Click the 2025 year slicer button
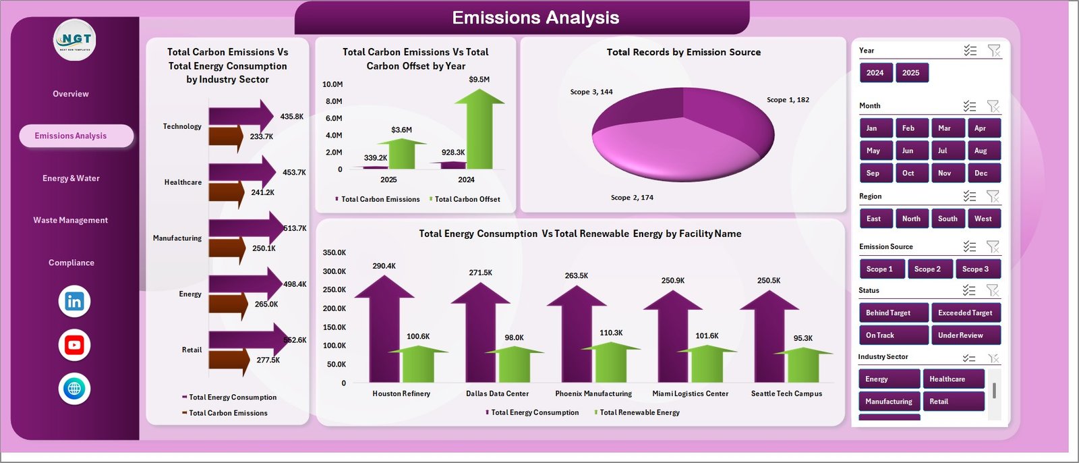point(911,73)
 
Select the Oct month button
point(908,173)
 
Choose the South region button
point(947,219)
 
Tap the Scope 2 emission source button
point(927,269)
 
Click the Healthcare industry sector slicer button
point(952,379)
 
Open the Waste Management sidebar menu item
point(71,221)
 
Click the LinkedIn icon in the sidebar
point(74,302)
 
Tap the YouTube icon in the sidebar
point(74,346)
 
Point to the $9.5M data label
point(479,80)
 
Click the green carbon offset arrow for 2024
point(479,132)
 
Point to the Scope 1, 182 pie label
point(788,100)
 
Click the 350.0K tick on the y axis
point(334,252)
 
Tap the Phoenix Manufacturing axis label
point(593,393)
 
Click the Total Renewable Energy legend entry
point(639,412)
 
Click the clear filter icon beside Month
point(993,106)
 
